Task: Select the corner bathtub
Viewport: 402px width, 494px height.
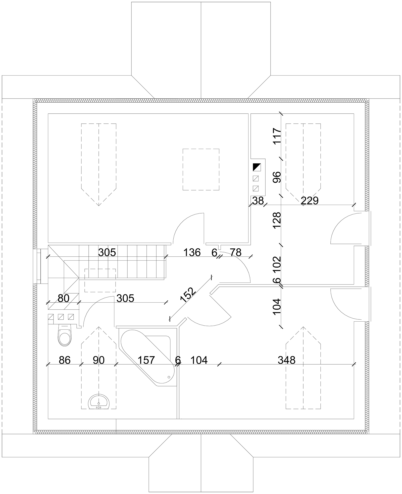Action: pyautogui.click(x=148, y=358)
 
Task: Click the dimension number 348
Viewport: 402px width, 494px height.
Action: pyautogui.click(x=286, y=360)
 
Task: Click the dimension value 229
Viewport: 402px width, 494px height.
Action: pyautogui.click(x=310, y=200)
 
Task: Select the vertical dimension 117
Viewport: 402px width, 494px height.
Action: pyautogui.click(x=277, y=136)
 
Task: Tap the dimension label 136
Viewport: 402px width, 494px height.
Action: pyautogui.click(x=192, y=252)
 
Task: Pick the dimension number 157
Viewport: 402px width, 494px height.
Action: pyautogui.click(x=146, y=360)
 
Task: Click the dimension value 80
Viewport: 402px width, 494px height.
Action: pyautogui.click(x=64, y=298)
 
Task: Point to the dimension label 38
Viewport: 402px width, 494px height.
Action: pyautogui.click(x=258, y=200)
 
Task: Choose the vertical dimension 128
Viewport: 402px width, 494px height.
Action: pyautogui.click(x=277, y=220)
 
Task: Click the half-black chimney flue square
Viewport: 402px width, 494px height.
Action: pyautogui.click(x=257, y=167)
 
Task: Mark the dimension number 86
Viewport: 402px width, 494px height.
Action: pyautogui.click(x=65, y=360)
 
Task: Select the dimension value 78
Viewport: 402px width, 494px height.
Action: pyautogui.click(x=236, y=252)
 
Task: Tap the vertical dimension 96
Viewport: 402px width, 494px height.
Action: pyautogui.click(x=277, y=177)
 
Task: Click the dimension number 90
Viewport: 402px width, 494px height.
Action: pyautogui.click(x=98, y=360)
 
